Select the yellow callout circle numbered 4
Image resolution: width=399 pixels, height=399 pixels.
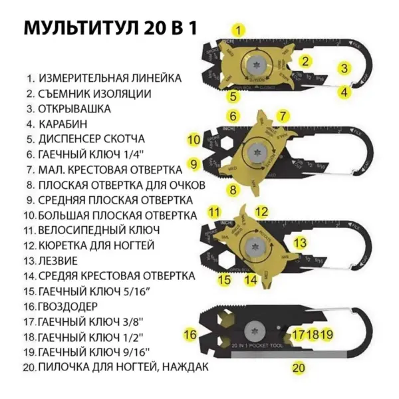pyautogui.click(x=344, y=92)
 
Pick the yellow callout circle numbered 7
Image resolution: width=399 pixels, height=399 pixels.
pyautogui.click(x=283, y=116)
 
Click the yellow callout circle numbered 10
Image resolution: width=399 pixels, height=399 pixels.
pyautogui.click(x=194, y=140)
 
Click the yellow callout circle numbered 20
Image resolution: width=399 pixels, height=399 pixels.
pyautogui.click(x=299, y=366)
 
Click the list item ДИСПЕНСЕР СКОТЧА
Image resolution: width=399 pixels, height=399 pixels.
pyautogui.click(x=98, y=139)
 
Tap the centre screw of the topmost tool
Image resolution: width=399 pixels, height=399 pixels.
pyautogui.click(x=255, y=66)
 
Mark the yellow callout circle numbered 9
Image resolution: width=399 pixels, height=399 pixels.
pyautogui.click(x=194, y=163)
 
